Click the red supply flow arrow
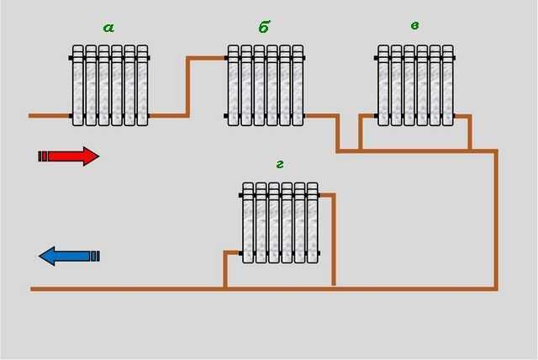click(69, 156)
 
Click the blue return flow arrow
click(69, 256)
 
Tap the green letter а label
click(108, 28)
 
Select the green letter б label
click(264, 28)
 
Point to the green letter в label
click(414, 26)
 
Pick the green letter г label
click(279, 163)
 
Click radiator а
click(109, 86)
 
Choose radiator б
click(265, 86)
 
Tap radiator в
click(415, 86)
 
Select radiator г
click(280, 222)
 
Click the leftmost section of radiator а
click(78, 86)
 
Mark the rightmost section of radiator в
click(448, 86)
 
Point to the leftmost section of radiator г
click(248, 222)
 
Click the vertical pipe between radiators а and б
click(187, 86)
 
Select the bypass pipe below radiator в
click(415, 151)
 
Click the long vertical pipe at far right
click(496, 219)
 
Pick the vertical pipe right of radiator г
click(334, 240)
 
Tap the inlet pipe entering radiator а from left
click(49, 115)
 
